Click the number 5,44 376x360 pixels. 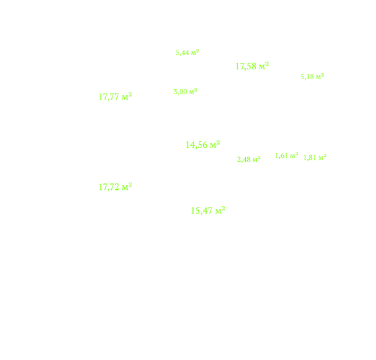point(182,52)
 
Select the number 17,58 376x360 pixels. point(246,66)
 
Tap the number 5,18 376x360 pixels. point(307,77)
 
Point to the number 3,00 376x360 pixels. point(180,92)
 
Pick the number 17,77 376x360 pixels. point(109,97)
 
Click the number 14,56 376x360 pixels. point(196,145)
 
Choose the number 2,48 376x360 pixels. point(244,159)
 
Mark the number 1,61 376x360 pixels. point(282,156)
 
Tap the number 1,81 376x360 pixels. point(310,158)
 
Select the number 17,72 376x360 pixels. point(109,187)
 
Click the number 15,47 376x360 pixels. point(201,211)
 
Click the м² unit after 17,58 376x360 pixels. point(264,65)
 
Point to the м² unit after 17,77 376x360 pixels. point(127,96)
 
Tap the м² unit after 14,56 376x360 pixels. point(215,145)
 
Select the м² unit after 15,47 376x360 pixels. point(220,211)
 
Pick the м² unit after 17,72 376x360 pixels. point(127,187)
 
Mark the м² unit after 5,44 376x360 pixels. point(195,52)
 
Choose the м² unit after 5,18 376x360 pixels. point(320,77)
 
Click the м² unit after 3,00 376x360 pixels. point(193,92)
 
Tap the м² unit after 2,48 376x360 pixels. point(256,159)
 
